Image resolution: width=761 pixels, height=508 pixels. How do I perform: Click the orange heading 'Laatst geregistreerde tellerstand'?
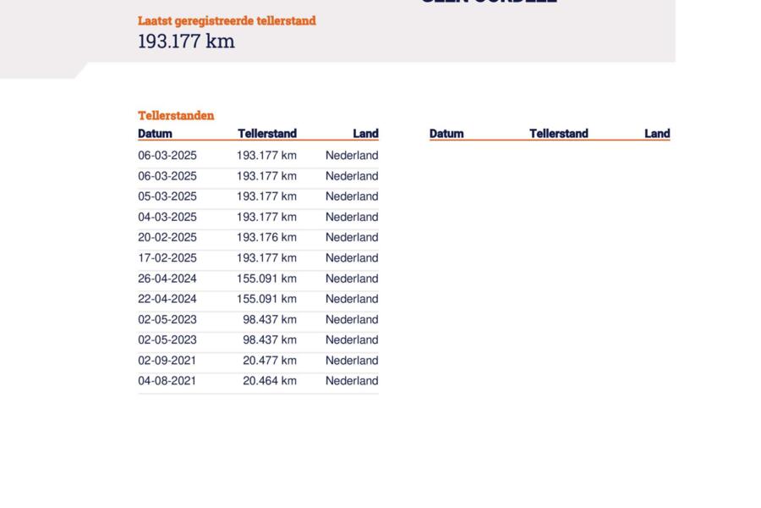(227, 20)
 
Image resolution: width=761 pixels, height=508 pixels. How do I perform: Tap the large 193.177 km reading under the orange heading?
(186, 41)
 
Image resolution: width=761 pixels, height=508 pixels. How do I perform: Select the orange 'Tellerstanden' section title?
(176, 115)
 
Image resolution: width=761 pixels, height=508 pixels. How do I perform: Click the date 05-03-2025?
(167, 196)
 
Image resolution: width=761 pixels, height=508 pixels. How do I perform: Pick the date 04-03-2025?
(167, 217)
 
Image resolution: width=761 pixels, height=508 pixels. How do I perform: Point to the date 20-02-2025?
(167, 237)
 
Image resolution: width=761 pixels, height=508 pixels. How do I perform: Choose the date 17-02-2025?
(167, 258)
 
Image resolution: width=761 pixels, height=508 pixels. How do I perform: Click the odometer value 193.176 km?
(266, 237)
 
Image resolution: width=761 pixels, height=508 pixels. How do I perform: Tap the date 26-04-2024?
(167, 279)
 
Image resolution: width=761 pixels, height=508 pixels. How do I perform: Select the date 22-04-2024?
(167, 299)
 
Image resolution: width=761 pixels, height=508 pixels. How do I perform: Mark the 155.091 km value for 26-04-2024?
(266, 279)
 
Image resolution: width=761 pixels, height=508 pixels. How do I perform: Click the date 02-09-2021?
(167, 361)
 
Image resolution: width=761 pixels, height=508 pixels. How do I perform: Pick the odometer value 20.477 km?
(270, 361)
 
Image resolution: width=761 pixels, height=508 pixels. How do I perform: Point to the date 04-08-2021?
(167, 381)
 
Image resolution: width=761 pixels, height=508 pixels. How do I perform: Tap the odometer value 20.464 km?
(270, 381)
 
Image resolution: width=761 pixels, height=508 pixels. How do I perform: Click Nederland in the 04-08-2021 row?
(352, 381)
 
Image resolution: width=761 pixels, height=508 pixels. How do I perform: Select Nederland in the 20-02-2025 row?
(352, 237)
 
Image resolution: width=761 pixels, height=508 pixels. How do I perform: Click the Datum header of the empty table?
(446, 133)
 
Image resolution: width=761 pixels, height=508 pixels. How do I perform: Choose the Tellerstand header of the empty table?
(558, 133)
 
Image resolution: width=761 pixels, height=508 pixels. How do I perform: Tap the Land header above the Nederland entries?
(365, 133)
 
